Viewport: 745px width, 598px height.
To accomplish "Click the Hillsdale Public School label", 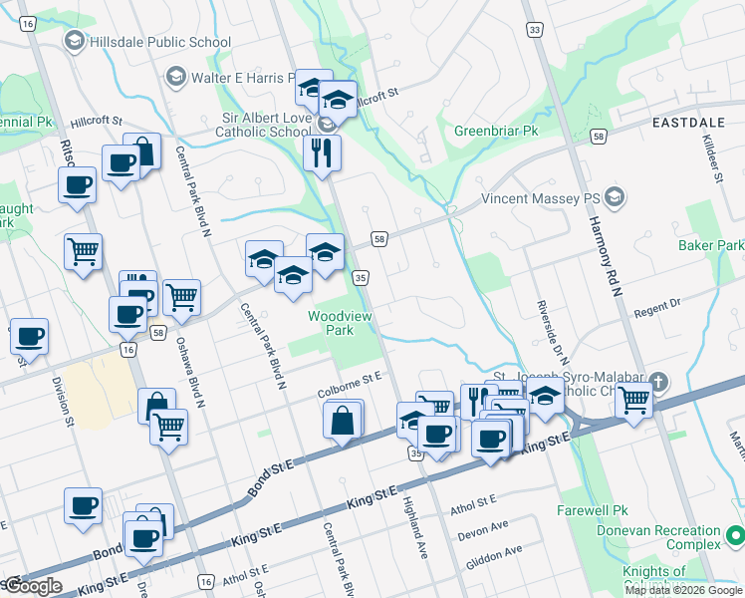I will [x=159, y=42].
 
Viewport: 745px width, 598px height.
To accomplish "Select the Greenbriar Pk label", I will [x=496, y=131].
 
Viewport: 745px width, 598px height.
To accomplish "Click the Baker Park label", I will [x=711, y=244].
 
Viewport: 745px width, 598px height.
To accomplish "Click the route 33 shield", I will [x=535, y=31].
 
